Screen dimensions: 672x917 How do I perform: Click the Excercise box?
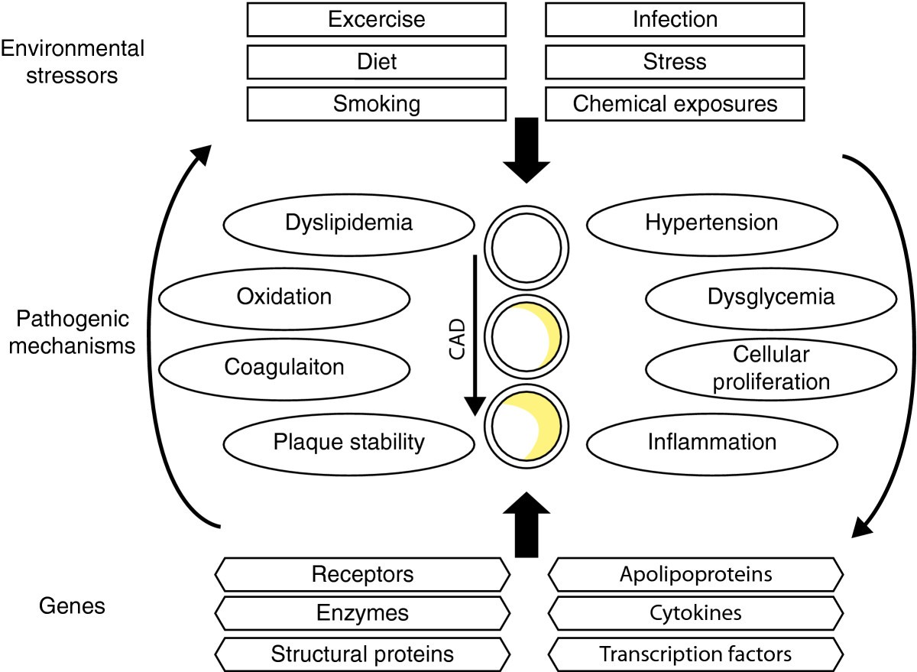(x=376, y=18)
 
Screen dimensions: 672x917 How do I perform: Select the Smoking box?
(x=376, y=103)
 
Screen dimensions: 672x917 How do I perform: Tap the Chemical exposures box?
(x=675, y=103)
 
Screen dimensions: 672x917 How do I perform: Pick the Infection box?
(x=675, y=18)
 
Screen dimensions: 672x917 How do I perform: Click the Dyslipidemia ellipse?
(x=348, y=223)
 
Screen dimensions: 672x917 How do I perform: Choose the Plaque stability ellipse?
(x=348, y=441)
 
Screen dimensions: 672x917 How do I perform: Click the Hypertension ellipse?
(x=711, y=223)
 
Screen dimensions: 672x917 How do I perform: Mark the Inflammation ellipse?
(x=711, y=441)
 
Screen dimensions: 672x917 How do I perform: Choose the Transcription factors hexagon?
(x=695, y=654)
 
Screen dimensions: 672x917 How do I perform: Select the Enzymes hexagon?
(x=363, y=613)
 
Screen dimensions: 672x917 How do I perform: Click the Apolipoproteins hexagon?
(x=695, y=573)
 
